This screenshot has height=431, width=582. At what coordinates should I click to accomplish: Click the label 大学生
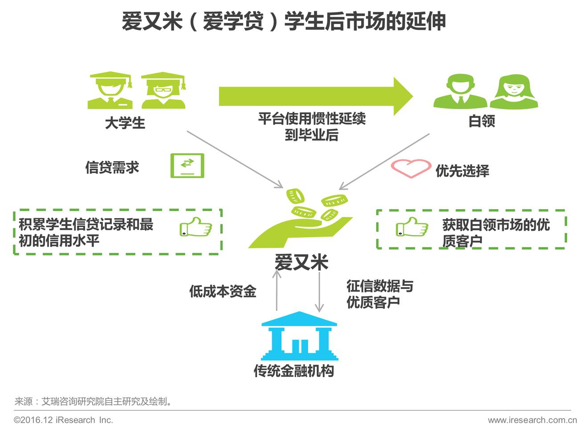[x=125, y=123]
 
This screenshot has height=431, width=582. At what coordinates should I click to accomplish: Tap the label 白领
[x=482, y=121]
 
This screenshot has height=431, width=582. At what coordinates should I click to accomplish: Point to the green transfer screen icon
[x=187, y=166]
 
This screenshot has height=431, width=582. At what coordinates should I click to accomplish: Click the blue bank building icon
[x=299, y=336]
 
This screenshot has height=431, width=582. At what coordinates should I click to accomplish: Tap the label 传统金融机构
[x=294, y=371]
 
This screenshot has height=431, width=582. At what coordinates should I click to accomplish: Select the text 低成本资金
[x=223, y=292]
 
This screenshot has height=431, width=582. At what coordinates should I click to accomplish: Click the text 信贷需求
[x=112, y=167]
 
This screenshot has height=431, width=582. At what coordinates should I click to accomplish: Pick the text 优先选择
[x=462, y=171]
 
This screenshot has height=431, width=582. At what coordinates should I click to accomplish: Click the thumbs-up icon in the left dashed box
[x=195, y=227]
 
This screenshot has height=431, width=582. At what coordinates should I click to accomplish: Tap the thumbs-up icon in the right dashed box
[x=412, y=227]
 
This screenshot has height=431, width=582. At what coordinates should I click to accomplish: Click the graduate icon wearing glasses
[x=163, y=91]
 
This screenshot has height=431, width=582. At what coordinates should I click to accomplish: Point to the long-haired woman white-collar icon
[x=513, y=92]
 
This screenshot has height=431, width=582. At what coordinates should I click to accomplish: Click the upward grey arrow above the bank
[x=277, y=289]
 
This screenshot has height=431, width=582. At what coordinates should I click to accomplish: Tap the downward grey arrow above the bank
[x=319, y=292]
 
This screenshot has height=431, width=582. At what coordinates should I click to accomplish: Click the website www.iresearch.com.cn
[x=532, y=420]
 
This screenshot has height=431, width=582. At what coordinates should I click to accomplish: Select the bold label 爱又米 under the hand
[x=301, y=262]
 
